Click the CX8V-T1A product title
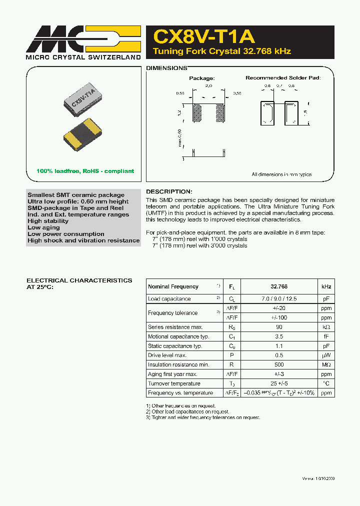[x=204, y=36]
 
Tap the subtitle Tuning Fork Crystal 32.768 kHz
[x=221, y=51]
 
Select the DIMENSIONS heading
[x=166, y=68]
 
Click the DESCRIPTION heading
[x=168, y=191]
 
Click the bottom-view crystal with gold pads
[x=82, y=135]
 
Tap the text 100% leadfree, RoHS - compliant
[x=85, y=171]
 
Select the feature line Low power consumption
[x=66, y=234]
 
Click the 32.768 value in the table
[x=278, y=286]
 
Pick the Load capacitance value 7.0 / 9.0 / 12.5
[x=278, y=299]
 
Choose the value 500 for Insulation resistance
[x=278, y=365]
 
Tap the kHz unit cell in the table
[x=326, y=286]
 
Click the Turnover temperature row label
[x=174, y=383]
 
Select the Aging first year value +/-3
[x=278, y=374]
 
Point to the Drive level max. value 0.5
[x=278, y=355]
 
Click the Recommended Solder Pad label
[x=283, y=78]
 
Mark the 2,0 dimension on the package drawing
[x=208, y=86]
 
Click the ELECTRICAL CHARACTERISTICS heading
[x=79, y=280]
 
